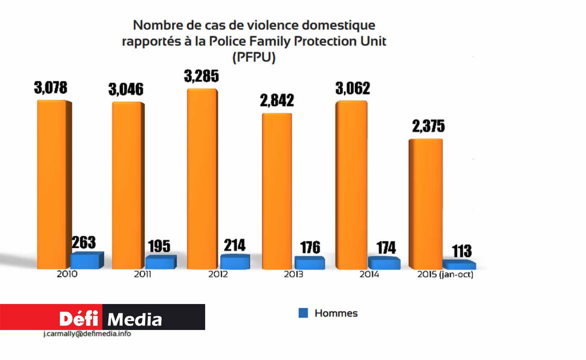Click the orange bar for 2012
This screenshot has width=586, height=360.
click(x=202, y=180)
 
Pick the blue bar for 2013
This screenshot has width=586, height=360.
click(x=309, y=263)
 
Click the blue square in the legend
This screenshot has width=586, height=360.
click(x=303, y=313)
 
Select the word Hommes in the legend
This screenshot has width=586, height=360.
click(x=336, y=313)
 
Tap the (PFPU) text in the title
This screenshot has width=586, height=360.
click(x=254, y=58)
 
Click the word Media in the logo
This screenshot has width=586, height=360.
click(x=135, y=319)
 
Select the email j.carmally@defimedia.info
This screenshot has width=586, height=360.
click(x=87, y=334)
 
